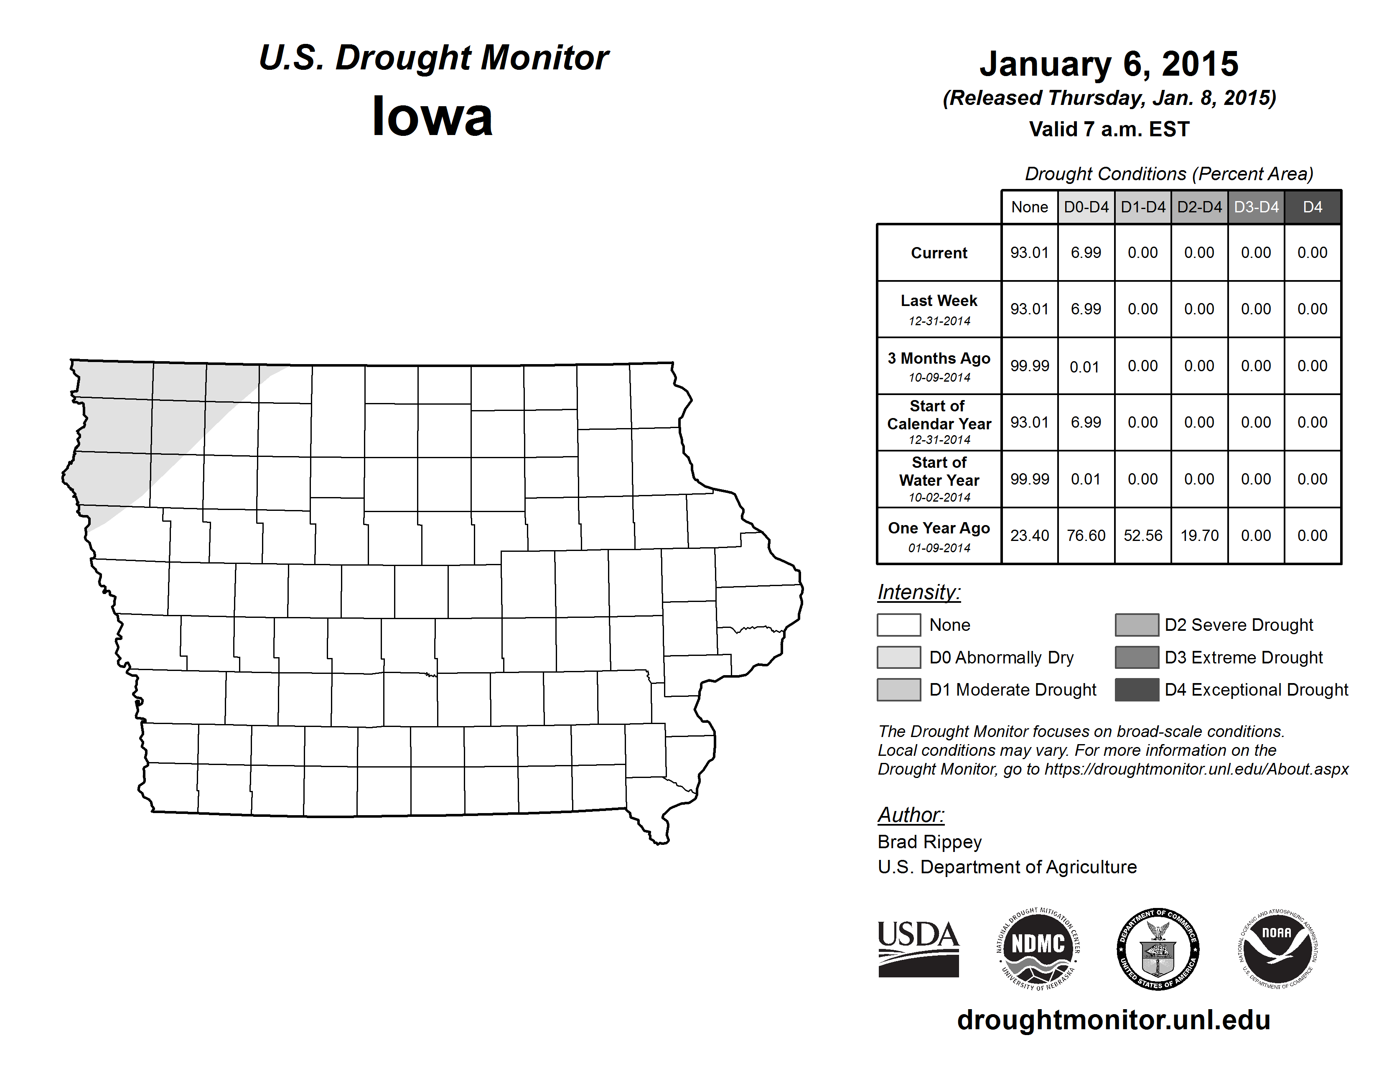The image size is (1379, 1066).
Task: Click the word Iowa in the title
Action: (432, 117)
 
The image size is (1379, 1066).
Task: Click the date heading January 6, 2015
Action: (1109, 64)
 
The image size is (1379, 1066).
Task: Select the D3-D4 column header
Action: (1256, 207)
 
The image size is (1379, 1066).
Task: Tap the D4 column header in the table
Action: (1312, 207)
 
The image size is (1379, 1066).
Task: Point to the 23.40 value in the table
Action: (1029, 536)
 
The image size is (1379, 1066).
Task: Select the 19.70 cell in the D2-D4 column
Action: (1199, 536)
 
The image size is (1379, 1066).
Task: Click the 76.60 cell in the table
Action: (1086, 536)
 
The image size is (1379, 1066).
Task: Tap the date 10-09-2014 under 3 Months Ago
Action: (939, 377)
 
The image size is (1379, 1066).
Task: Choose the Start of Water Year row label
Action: (939, 472)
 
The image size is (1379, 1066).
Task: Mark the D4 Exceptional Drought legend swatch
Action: (1137, 690)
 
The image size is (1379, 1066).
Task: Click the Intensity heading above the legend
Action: (918, 592)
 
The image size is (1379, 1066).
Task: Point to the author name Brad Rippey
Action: (929, 842)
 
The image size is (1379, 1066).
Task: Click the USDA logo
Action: (918, 949)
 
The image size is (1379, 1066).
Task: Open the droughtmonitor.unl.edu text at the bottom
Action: (1114, 1020)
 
